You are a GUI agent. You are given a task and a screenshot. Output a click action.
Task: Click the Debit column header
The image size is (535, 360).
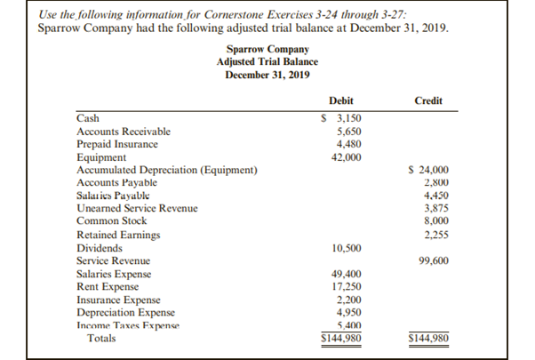click(341, 101)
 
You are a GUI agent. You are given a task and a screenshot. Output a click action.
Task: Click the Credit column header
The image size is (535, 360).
click(428, 101)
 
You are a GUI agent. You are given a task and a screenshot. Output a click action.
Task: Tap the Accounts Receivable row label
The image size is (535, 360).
click(124, 131)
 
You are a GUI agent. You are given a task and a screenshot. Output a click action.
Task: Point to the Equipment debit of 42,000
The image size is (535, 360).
click(346, 156)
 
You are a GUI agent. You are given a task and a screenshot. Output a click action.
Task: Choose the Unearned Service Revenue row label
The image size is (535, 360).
click(137, 208)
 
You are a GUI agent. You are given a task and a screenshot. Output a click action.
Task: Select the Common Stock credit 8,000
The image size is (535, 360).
click(434, 220)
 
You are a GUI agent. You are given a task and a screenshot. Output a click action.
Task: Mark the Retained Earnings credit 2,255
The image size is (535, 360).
click(434, 235)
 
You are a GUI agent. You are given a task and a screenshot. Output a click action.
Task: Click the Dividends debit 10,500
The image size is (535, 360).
click(346, 248)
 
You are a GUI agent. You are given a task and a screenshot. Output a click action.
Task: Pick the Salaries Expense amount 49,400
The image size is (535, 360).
click(346, 275)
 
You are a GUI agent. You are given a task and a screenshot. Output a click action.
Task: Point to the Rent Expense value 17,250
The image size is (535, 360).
click(346, 288)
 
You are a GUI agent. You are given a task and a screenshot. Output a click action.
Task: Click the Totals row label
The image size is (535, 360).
click(101, 339)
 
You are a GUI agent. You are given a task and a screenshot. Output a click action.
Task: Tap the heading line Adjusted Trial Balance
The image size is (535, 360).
click(267, 62)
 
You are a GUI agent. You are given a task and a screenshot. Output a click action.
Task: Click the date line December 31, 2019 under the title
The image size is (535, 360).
click(267, 75)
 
